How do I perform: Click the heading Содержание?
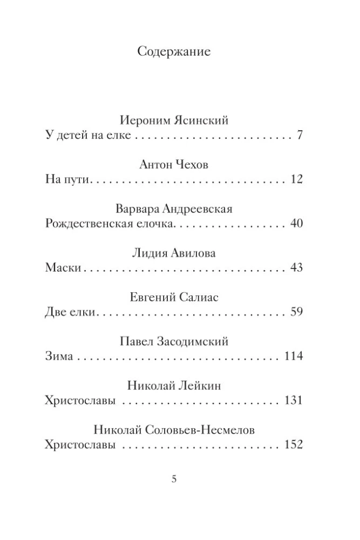(x=173, y=52)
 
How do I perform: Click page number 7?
(x=300, y=135)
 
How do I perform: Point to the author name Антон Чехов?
(x=173, y=165)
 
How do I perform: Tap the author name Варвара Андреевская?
(x=173, y=209)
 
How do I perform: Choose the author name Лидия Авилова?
(x=173, y=253)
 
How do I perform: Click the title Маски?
(x=62, y=268)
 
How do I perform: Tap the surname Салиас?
(x=197, y=298)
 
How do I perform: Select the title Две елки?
(x=70, y=312)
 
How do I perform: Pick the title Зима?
(x=58, y=356)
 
